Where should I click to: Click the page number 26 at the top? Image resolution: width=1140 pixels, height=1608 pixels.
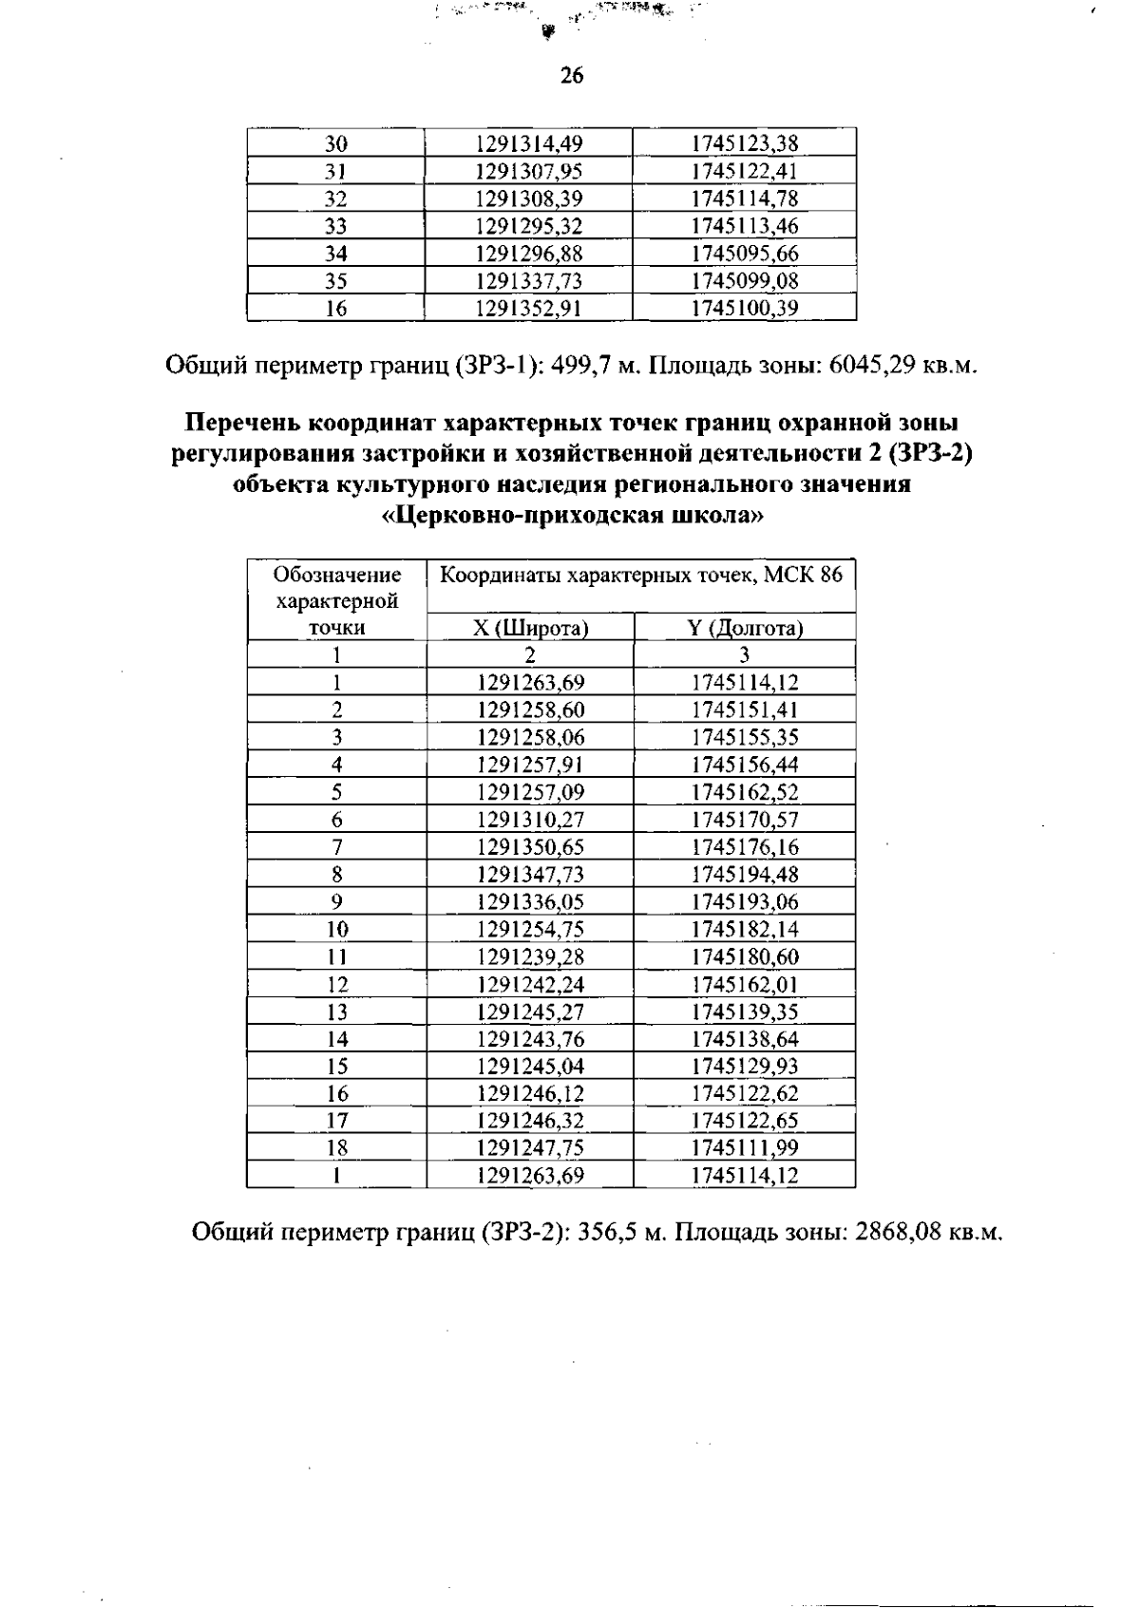tap(571, 76)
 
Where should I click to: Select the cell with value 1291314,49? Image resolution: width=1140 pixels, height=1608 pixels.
tap(528, 144)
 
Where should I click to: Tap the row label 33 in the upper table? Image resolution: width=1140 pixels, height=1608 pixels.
tap(336, 226)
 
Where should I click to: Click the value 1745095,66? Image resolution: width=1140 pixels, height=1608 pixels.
tap(745, 254)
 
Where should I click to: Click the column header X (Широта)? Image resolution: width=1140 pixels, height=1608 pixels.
tap(530, 629)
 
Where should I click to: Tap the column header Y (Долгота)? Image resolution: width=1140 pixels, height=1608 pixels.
tap(745, 629)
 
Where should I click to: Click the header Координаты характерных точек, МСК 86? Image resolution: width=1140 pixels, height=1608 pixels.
tap(642, 576)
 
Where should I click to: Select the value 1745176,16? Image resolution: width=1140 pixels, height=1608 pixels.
tap(745, 847)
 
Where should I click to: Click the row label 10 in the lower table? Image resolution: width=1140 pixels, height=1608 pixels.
tap(336, 930)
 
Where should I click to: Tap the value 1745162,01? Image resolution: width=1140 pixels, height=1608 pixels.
tap(745, 985)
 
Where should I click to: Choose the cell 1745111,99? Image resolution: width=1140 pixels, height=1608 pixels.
tap(745, 1148)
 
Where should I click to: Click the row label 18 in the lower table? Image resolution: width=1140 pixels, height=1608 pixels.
tap(336, 1148)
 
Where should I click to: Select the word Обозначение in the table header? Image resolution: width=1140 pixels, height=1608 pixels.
tap(336, 576)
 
